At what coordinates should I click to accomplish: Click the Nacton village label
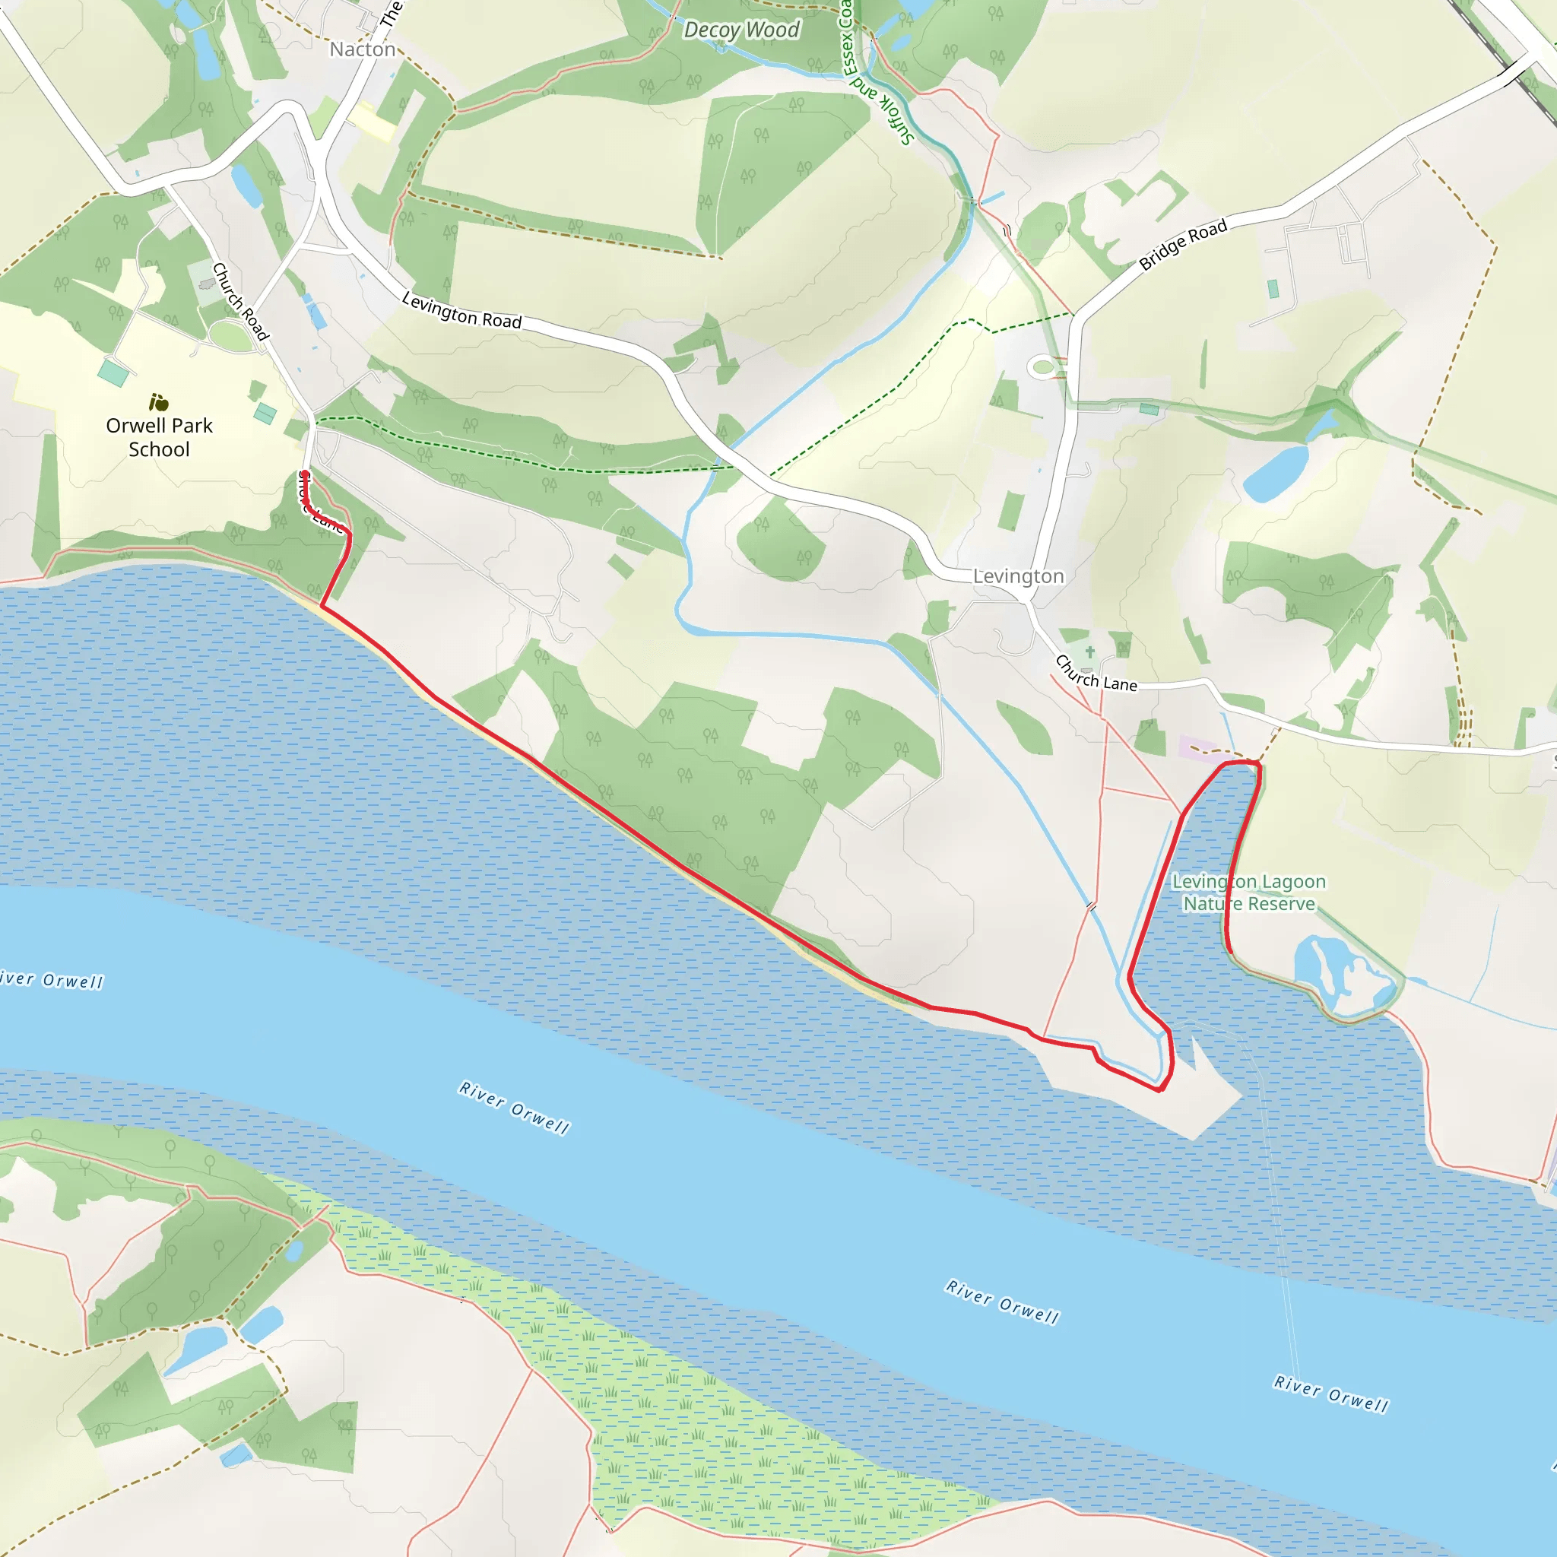click(363, 50)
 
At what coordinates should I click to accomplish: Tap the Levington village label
click(1018, 576)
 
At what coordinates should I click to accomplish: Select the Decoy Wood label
click(741, 30)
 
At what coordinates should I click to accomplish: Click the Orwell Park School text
click(160, 437)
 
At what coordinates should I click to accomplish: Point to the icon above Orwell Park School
click(159, 401)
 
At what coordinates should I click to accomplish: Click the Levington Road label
click(461, 310)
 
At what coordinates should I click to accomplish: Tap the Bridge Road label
click(1182, 243)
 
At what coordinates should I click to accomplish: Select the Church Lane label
click(1096, 674)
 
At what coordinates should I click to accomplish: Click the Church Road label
click(239, 300)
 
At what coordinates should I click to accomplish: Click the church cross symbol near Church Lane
click(1090, 652)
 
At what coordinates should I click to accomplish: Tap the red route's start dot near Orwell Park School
click(305, 474)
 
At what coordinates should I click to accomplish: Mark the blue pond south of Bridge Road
click(1276, 473)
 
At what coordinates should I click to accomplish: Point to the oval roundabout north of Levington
click(1043, 367)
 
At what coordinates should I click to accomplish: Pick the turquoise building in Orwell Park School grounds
click(113, 373)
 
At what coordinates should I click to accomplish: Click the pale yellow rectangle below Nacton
click(372, 122)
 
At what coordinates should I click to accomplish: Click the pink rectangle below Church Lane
click(1200, 749)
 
